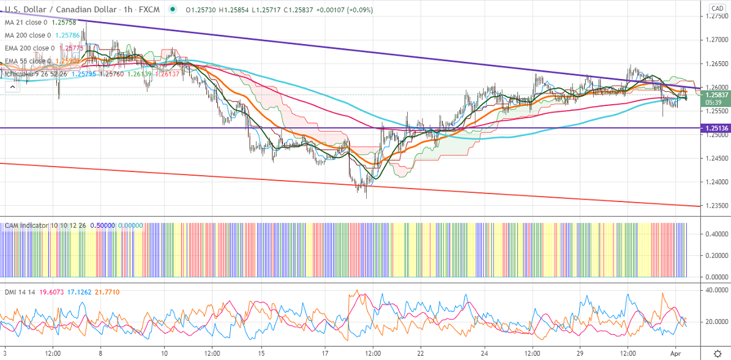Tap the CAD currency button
717,8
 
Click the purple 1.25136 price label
717,128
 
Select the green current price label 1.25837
717,95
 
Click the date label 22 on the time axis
421,353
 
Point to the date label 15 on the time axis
261,353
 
